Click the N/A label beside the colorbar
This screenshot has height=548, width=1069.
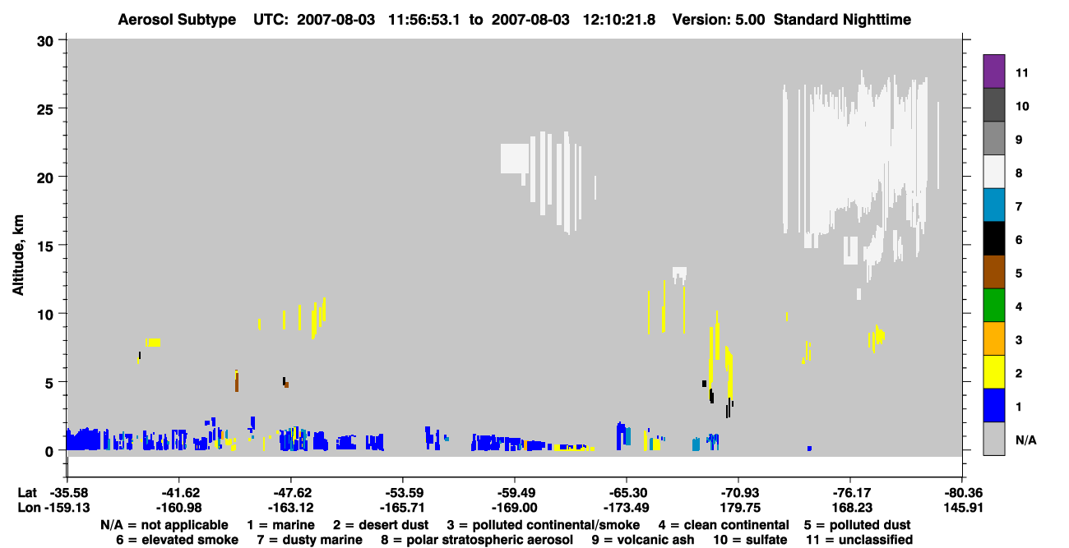pos(1025,440)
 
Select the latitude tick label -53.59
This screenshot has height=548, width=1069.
pos(402,493)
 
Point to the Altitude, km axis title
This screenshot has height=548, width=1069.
pos(18,256)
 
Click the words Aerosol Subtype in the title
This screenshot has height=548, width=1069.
pos(177,20)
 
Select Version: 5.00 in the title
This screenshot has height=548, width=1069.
pos(719,20)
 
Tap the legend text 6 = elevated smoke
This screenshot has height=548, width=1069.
pos(177,540)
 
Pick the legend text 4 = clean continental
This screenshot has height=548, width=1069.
pos(724,525)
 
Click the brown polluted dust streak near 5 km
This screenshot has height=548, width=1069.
pos(237,381)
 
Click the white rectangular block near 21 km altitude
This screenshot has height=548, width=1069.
pos(515,159)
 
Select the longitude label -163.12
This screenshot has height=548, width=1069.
pos(290,508)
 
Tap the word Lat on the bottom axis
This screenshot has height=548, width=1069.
pos(27,493)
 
